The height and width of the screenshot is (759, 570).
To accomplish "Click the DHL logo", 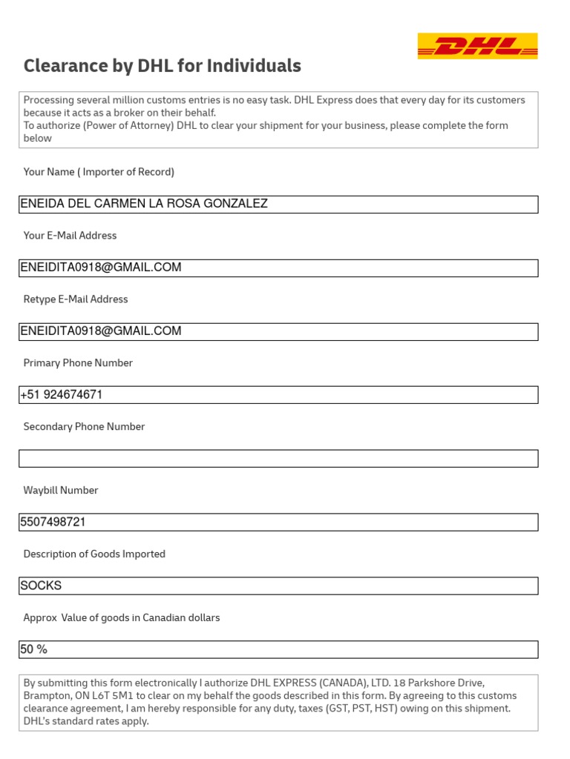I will [x=477, y=46].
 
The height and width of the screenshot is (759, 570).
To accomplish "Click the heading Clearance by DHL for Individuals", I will [x=162, y=66].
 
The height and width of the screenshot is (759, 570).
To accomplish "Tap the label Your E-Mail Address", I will [x=70, y=236].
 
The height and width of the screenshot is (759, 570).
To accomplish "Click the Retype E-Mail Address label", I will [x=76, y=299].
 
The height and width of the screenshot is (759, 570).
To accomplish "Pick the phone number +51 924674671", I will [x=62, y=395].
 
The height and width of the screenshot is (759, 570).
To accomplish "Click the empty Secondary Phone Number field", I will [x=278, y=459].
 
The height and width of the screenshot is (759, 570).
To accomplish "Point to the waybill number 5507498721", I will [x=53, y=523].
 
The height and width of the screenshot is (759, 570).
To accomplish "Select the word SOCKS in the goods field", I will [x=41, y=586].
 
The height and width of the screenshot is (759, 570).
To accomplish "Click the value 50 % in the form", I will [x=33, y=650].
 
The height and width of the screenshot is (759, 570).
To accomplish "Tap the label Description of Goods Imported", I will [x=94, y=554].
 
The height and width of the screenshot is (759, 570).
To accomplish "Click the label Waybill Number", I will [x=61, y=491].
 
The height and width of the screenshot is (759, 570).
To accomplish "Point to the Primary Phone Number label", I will [x=78, y=363].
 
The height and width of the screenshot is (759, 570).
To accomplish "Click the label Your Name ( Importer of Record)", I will [x=99, y=172].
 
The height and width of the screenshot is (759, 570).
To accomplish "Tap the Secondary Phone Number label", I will [x=84, y=427].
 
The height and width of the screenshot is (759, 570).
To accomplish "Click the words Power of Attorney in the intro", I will [x=137, y=126].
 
